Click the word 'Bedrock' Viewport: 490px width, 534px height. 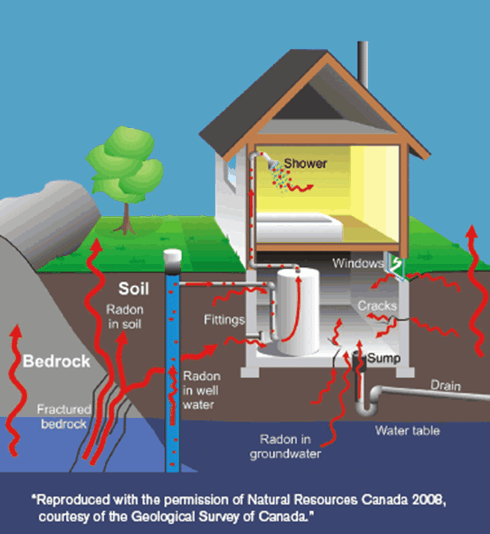coord(56,362)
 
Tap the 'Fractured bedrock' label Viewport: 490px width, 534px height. coord(64,416)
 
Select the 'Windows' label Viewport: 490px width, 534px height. coord(358,263)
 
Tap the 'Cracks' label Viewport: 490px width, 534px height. coord(377,305)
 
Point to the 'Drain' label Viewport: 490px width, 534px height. coord(446,385)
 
